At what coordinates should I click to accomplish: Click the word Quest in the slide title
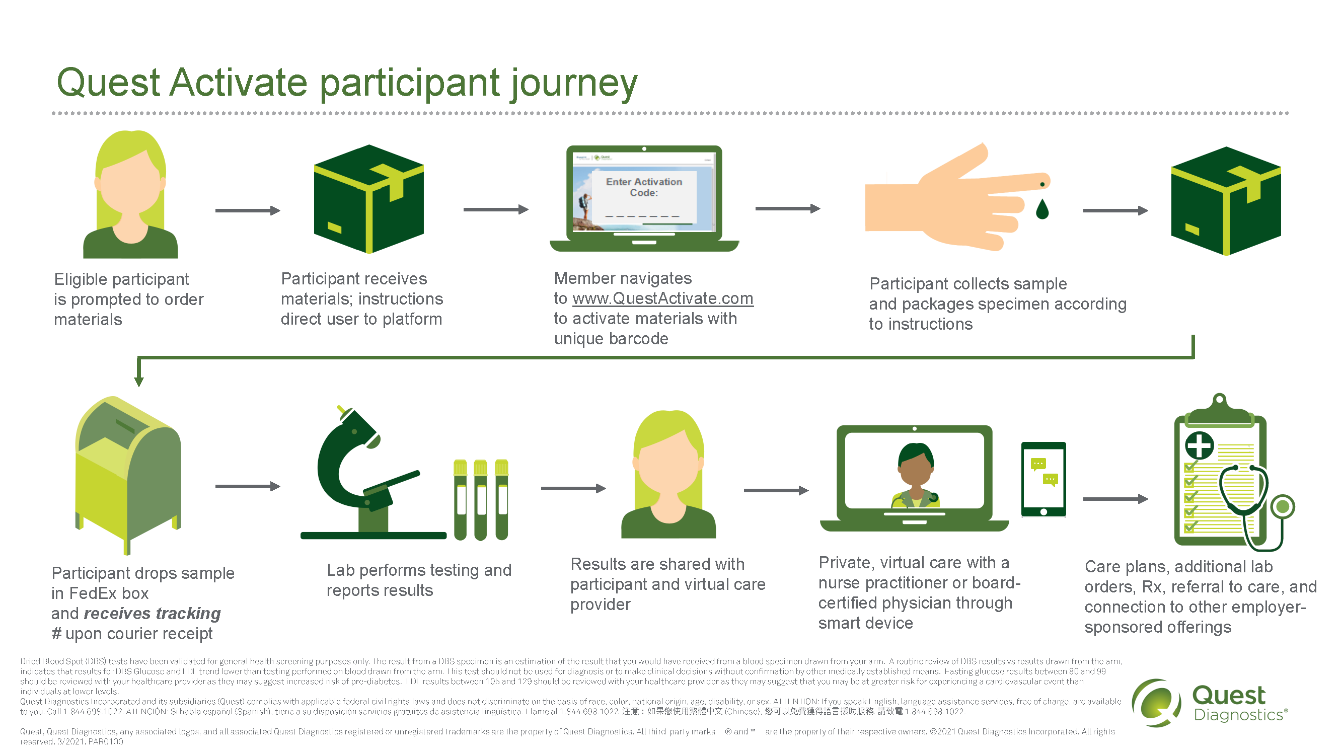[108, 83]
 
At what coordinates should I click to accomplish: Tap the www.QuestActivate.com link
[662, 298]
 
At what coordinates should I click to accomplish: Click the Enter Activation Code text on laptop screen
[644, 187]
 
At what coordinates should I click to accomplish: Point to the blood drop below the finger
[1042, 210]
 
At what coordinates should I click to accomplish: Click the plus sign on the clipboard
[1199, 445]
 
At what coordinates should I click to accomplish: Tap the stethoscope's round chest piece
[1282, 506]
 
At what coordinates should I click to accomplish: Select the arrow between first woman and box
[248, 210]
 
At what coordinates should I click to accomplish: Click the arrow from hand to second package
[1115, 210]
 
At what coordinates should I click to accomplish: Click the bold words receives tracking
[152, 613]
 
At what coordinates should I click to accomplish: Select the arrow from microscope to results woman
[573, 488]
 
